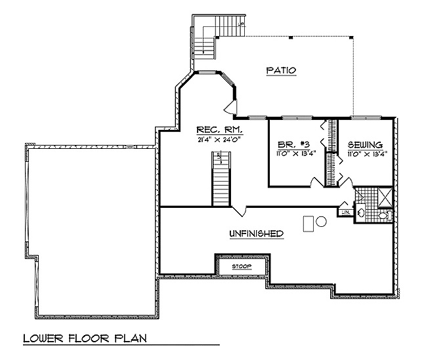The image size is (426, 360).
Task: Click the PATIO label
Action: pyautogui.click(x=281, y=70)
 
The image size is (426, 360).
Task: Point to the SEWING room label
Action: pyautogui.click(x=366, y=145)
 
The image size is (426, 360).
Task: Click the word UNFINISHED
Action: pyautogui.click(x=256, y=233)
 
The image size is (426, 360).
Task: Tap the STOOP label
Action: pyautogui.click(x=241, y=267)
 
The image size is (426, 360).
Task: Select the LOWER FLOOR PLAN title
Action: pyautogui.click(x=85, y=338)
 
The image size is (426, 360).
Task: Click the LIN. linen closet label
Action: pyautogui.click(x=345, y=211)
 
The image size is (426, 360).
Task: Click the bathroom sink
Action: pyautogui.click(x=362, y=212)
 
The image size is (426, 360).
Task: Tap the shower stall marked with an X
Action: pyautogui.click(x=384, y=195)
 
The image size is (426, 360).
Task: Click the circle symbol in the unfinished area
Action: pyautogui.click(x=321, y=222)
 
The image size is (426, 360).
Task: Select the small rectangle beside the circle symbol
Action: pyautogui.click(x=308, y=223)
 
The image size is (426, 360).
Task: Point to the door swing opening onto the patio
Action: pyautogui.click(x=230, y=107)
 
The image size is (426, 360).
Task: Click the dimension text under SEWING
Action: pyautogui.click(x=366, y=155)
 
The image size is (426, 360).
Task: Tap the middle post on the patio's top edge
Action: pyautogui.click(x=290, y=37)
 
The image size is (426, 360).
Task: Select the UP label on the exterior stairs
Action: pyautogui.click(x=241, y=24)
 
